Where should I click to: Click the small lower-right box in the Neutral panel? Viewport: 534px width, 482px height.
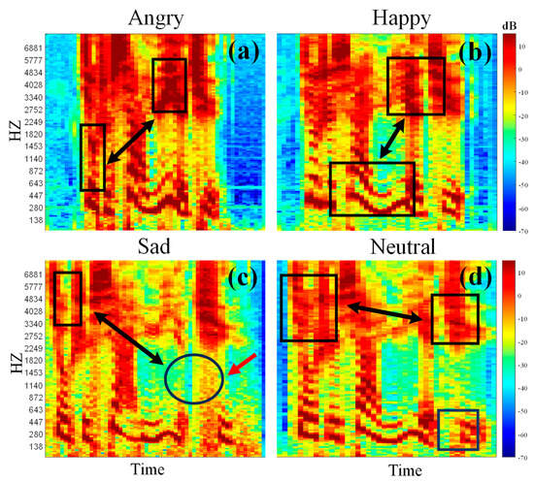coord(457,430)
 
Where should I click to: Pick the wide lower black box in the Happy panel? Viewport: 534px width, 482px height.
coord(372,188)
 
